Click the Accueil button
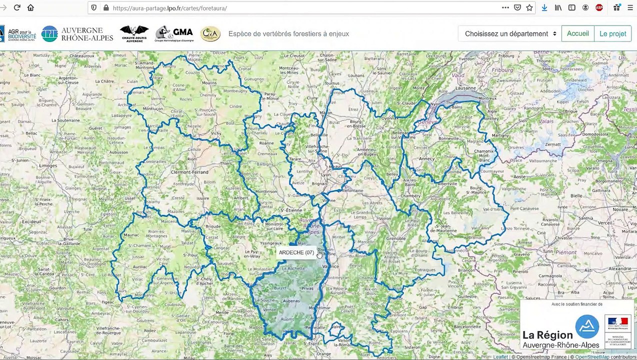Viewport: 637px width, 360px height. (x=577, y=33)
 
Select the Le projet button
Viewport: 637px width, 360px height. (x=612, y=33)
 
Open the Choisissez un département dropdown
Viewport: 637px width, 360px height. (x=510, y=33)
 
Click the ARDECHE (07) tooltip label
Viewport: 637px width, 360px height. (x=296, y=252)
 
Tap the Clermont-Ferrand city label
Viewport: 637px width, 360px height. (x=189, y=172)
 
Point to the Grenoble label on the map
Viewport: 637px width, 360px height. (x=395, y=238)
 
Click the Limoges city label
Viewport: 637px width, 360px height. (x=48, y=165)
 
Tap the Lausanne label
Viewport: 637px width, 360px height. (x=465, y=88)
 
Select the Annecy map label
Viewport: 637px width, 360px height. (x=426, y=159)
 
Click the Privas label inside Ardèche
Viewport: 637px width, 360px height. (x=307, y=288)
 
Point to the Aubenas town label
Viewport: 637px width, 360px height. (x=291, y=301)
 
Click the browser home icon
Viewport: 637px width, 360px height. (x=30, y=7)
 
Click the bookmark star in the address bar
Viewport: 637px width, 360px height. (x=529, y=7)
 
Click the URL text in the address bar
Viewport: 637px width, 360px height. (x=170, y=8)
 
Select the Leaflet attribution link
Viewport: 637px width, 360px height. (x=501, y=357)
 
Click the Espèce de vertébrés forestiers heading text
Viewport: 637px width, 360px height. (x=288, y=33)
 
